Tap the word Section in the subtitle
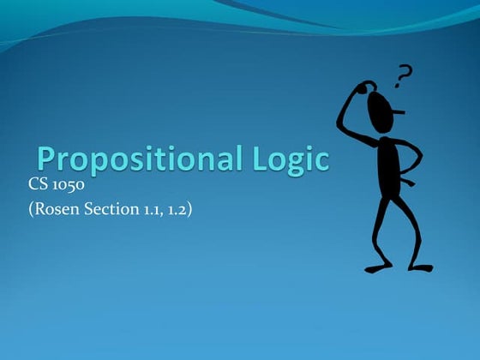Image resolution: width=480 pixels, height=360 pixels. tap(108, 208)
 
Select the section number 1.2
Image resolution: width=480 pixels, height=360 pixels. tap(178, 208)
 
